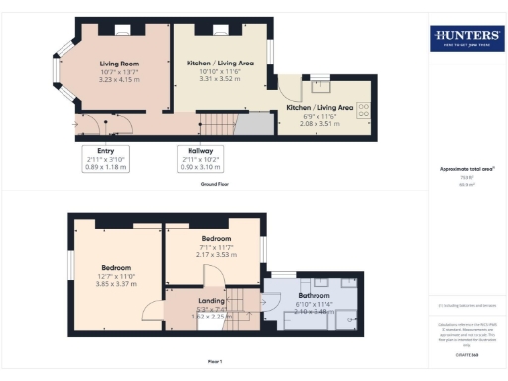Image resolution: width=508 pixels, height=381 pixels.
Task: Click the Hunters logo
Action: [x=465, y=39]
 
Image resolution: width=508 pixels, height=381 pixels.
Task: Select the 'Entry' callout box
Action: [x=106, y=159]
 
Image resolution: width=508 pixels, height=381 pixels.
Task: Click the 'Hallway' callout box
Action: [x=201, y=159]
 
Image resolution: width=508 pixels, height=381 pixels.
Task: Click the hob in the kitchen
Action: [x=363, y=109]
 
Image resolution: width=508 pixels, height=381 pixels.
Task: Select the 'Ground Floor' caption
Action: [x=215, y=185]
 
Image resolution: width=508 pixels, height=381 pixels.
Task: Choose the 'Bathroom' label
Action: [x=314, y=295]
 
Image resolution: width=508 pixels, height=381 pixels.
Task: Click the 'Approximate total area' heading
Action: [x=465, y=169]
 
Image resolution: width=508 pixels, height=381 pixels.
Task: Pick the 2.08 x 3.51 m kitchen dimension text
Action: [x=319, y=122]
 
